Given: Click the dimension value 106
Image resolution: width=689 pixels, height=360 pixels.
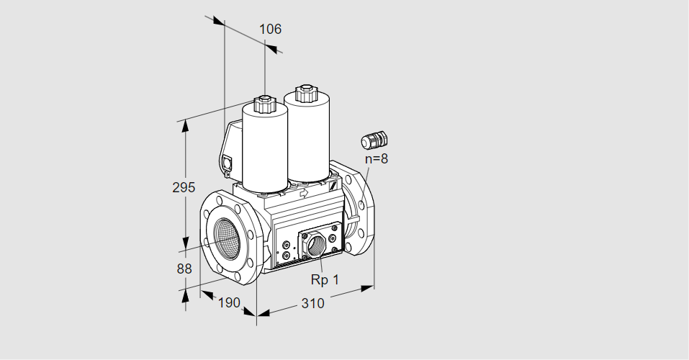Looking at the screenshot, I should pyautogui.click(x=270, y=30).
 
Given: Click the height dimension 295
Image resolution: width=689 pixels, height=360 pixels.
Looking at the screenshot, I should pyautogui.click(x=184, y=188).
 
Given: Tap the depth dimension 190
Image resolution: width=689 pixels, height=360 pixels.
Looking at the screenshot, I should pyautogui.click(x=228, y=302).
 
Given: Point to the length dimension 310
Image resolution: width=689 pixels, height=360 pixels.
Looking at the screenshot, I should pyautogui.click(x=312, y=303).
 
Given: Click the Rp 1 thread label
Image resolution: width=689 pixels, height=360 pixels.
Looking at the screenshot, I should pyautogui.click(x=325, y=279).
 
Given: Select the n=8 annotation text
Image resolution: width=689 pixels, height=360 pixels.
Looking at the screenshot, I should pyautogui.click(x=376, y=159).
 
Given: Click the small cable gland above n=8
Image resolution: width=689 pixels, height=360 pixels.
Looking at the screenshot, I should pyautogui.click(x=374, y=138).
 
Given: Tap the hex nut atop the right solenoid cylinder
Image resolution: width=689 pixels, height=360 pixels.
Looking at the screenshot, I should pyautogui.click(x=305, y=93).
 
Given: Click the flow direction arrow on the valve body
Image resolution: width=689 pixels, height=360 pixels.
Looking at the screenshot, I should pyautogui.click(x=304, y=193).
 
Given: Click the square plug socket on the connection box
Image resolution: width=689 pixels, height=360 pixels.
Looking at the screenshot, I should pyautogui.click(x=229, y=163).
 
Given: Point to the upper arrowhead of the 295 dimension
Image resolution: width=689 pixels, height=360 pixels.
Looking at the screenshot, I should pyautogui.click(x=185, y=125).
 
